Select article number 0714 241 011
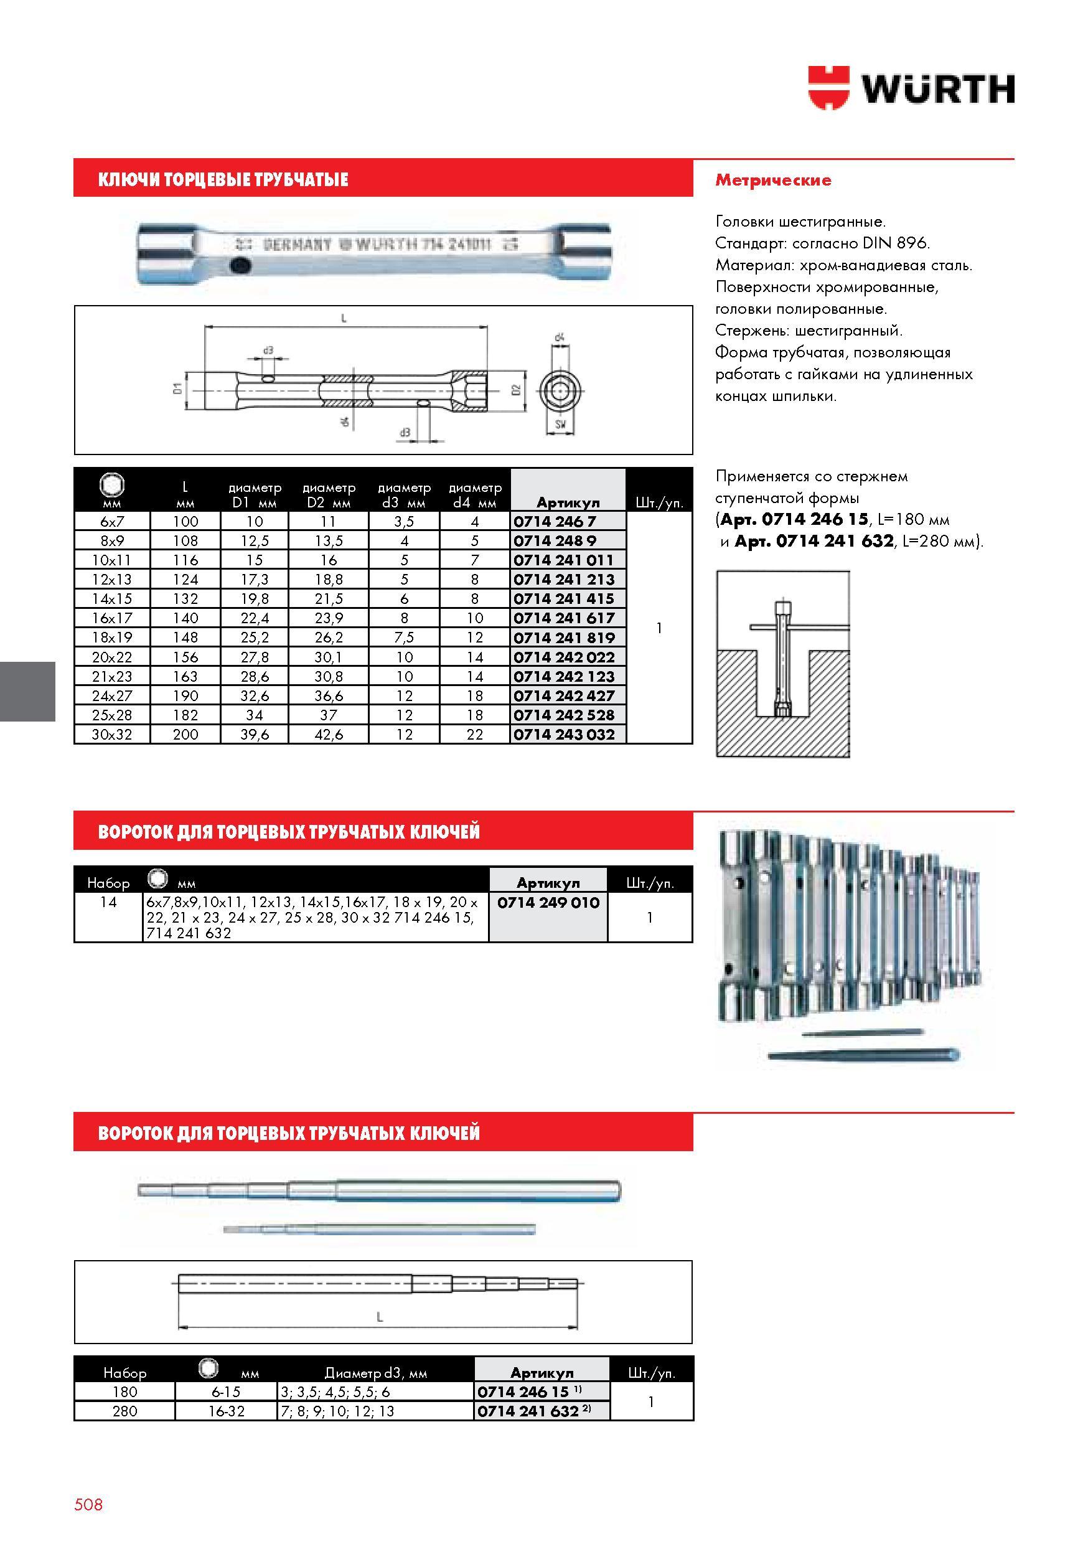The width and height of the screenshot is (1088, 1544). point(563,560)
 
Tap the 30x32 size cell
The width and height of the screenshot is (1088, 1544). point(111,735)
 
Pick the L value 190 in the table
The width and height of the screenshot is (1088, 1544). point(185,696)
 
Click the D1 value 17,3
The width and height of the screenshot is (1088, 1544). point(254,580)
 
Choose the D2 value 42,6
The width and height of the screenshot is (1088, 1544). point(329,735)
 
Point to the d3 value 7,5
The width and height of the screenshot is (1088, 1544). point(404,638)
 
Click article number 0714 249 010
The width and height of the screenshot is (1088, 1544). point(548,903)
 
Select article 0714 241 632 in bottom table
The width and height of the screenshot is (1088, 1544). point(528,1411)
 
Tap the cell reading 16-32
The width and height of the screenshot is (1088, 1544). point(226,1411)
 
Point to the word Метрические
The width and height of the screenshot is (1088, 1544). point(772,180)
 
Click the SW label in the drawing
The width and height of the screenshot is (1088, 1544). point(560,425)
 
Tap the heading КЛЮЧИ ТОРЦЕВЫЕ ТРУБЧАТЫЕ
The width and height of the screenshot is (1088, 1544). point(223,179)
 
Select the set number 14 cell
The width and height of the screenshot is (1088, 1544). point(108,903)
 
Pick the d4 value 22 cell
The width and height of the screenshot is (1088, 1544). point(475,735)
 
